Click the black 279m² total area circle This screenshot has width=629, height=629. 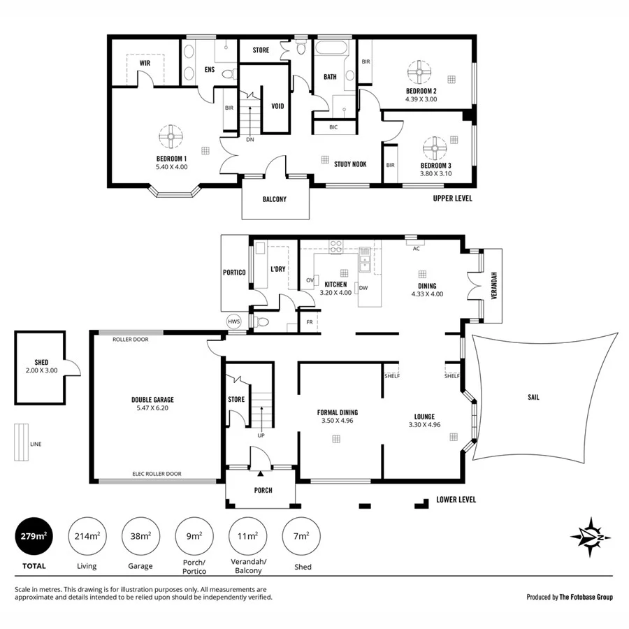coord(33,537)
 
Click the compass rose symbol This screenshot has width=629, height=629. coord(591,537)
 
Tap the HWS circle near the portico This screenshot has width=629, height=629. coord(233,321)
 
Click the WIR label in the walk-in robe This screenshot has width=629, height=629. coord(145,63)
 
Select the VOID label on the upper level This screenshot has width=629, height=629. coord(277,106)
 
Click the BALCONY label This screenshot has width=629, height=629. coord(275,199)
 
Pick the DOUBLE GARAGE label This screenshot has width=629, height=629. coord(152,400)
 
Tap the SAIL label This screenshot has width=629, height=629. coord(534,397)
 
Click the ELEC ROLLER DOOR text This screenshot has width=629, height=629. coord(157,474)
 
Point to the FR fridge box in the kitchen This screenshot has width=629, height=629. coord(309,322)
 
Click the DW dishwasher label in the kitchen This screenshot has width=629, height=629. coord(363,287)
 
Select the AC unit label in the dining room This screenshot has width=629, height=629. coord(416,249)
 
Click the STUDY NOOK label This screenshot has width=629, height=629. coord(350,164)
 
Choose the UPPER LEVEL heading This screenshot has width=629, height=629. coord(453,198)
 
